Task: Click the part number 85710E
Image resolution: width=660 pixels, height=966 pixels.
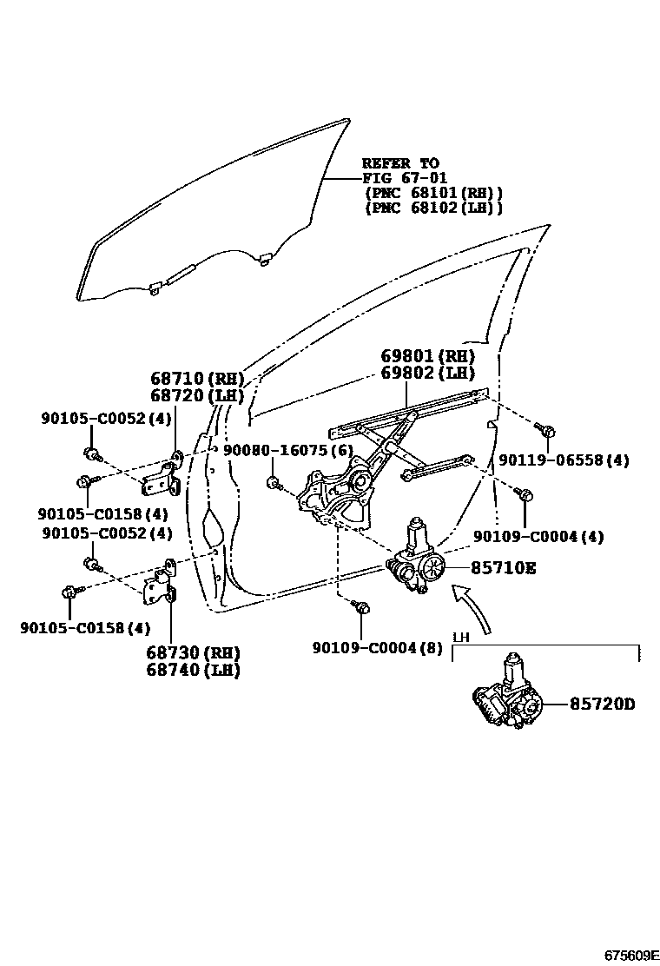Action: pos(504,568)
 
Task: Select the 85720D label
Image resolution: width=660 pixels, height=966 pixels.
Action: pos(602,705)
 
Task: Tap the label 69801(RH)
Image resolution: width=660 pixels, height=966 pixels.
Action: pos(427,356)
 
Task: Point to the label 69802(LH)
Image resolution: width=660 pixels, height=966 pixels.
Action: pos(427,374)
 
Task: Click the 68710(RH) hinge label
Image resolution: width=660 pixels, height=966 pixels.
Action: pos(196,379)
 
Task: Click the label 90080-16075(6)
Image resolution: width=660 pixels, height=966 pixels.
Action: pos(287,450)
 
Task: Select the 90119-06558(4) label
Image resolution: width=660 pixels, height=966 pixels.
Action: pos(564,460)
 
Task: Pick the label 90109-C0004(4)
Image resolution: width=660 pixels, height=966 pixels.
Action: pos(538,537)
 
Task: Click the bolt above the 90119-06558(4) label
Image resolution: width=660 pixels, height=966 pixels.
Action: pos(546,431)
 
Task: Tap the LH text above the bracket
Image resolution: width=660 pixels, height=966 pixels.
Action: pos(461,637)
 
